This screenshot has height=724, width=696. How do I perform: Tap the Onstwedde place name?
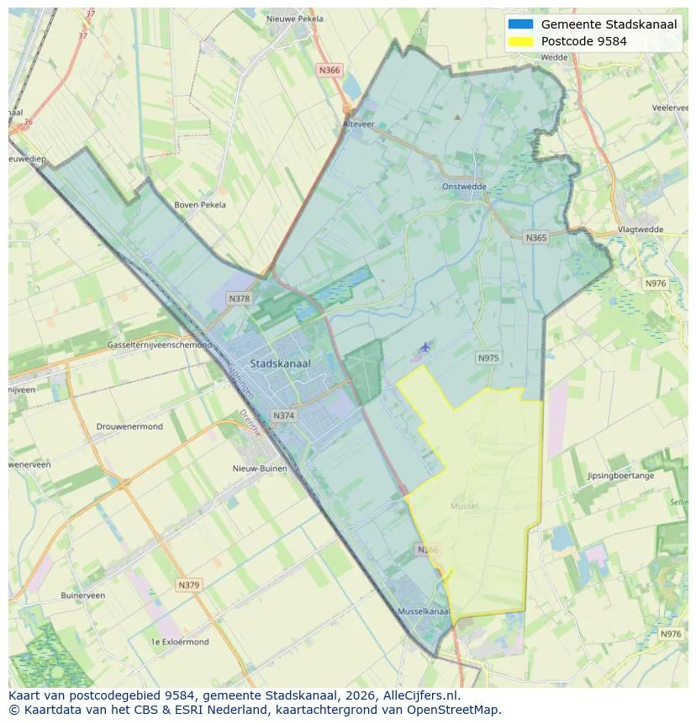[464, 188]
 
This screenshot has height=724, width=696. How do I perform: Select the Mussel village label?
[463, 506]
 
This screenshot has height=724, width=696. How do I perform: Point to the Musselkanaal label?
[424, 611]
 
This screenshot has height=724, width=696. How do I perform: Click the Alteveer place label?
[357, 123]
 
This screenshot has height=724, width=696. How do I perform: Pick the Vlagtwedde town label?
[640, 230]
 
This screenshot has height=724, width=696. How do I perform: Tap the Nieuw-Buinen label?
[260, 468]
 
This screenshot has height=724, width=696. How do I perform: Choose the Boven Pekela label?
[199, 204]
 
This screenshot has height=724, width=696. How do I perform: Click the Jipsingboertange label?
[620, 476]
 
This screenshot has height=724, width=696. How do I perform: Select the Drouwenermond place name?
[129, 426]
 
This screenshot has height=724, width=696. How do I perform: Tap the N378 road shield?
[239, 299]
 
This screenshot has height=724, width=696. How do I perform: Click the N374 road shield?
[284, 415]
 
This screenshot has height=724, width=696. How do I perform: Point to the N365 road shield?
[535, 238]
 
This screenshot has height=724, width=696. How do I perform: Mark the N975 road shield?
[488, 358]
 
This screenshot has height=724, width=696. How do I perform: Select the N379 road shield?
[189, 584]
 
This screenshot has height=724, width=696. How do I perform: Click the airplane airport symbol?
[425, 346]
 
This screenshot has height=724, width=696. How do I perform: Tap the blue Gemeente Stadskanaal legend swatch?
[520, 24]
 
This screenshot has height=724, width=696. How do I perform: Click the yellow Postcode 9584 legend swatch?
[520, 41]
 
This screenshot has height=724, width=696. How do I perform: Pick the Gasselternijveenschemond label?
[159, 346]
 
